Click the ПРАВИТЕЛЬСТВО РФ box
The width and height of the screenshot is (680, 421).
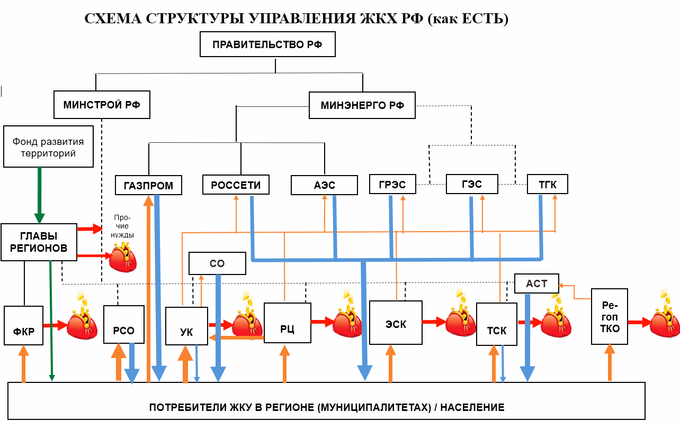(268, 44)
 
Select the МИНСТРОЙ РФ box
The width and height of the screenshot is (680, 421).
(102, 105)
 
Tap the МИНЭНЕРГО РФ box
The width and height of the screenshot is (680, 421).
(362, 105)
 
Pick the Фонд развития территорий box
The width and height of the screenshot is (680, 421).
(48, 147)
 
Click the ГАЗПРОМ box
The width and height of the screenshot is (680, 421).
(149, 185)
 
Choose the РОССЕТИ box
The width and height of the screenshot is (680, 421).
(236, 185)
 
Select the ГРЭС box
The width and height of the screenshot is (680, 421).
(392, 184)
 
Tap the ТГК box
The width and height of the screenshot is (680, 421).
(548, 184)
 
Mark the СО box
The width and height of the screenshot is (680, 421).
(217, 263)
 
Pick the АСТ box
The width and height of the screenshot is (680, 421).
(536, 283)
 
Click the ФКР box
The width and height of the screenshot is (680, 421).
(23, 325)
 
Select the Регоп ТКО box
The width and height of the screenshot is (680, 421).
(610, 316)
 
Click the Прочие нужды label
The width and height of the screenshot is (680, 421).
(122, 226)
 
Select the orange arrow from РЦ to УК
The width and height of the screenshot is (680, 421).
(236, 337)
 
